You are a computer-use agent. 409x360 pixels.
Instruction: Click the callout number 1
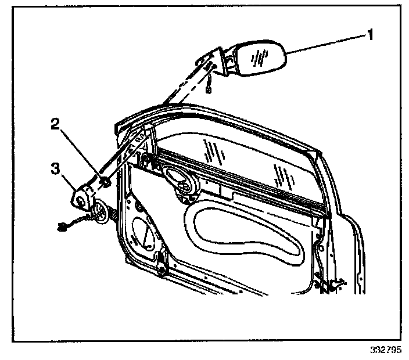click(x=368, y=35)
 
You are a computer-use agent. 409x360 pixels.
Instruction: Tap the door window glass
click(x=244, y=163)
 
